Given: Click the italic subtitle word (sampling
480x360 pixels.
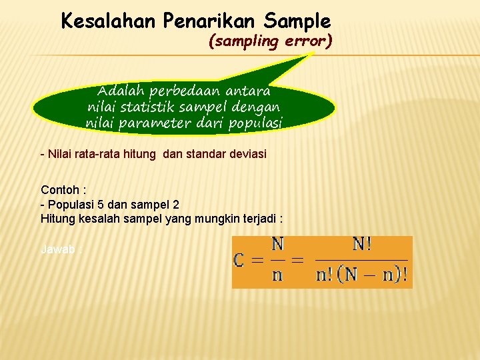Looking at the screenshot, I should [x=243, y=41].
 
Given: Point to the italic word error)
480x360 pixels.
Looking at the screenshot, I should [x=308, y=41].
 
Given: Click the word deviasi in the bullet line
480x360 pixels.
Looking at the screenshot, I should [x=246, y=154].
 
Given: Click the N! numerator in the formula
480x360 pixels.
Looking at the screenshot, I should [x=362, y=245].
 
